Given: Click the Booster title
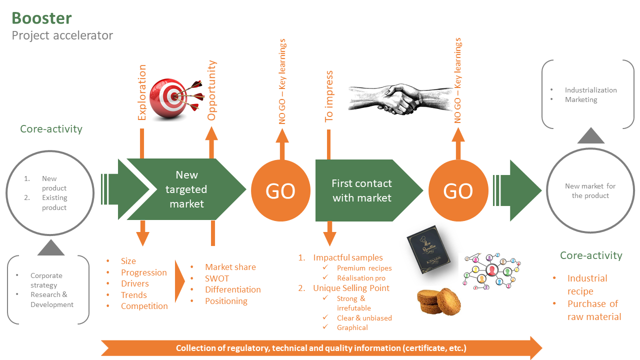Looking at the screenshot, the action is [x=41, y=18].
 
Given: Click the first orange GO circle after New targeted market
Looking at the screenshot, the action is [x=280, y=190].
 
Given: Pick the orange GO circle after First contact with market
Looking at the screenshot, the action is [x=458, y=190].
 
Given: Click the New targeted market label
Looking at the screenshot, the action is [x=186, y=189].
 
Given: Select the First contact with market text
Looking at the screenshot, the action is [x=361, y=190].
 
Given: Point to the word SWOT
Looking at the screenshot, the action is [x=217, y=278].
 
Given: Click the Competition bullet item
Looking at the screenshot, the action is [x=144, y=306].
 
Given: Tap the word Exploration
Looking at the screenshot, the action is [x=142, y=92].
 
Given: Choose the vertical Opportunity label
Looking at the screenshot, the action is [x=211, y=90].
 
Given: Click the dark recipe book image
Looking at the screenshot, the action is [x=428, y=249].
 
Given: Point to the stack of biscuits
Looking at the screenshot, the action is [x=439, y=301].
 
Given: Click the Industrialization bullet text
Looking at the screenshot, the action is [x=590, y=90].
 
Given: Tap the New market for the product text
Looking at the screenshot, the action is [x=590, y=191].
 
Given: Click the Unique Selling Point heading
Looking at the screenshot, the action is [x=351, y=288].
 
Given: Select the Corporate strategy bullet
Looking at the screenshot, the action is [x=46, y=280].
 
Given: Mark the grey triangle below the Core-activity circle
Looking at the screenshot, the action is [x=51, y=247].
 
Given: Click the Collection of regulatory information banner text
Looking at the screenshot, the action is [x=321, y=348].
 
